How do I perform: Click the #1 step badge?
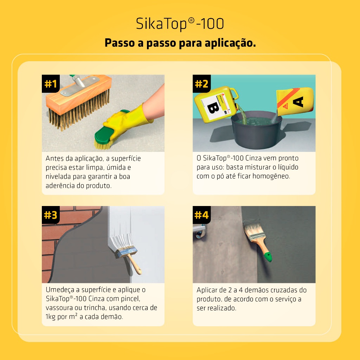point(51,84)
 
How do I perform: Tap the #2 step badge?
point(201,84)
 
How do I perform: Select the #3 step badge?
point(51,215)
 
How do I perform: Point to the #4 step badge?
point(201,215)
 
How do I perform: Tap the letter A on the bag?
point(298,102)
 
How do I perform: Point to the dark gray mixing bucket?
point(256,130)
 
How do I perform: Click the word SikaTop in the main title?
point(162,24)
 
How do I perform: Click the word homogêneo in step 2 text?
point(271,176)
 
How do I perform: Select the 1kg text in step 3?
point(50,317)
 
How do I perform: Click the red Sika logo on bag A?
point(285,106)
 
